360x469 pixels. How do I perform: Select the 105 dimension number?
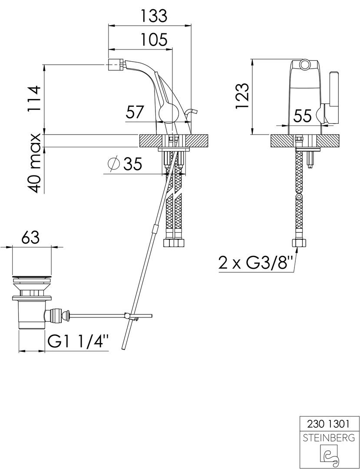click(x=154, y=40)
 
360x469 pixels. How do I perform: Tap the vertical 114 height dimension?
click(x=33, y=99)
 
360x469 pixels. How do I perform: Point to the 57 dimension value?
click(x=135, y=113)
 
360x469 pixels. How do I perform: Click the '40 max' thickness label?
click(x=33, y=163)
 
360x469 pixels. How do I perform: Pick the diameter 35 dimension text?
click(x=125, y=164)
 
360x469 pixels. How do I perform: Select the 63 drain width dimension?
click(x=31, y=238)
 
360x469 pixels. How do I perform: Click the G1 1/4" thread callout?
click(x=78, y=342)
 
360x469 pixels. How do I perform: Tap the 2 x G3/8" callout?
click(x=255, y=263)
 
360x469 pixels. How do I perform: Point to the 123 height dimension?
click(x=242, y=96)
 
